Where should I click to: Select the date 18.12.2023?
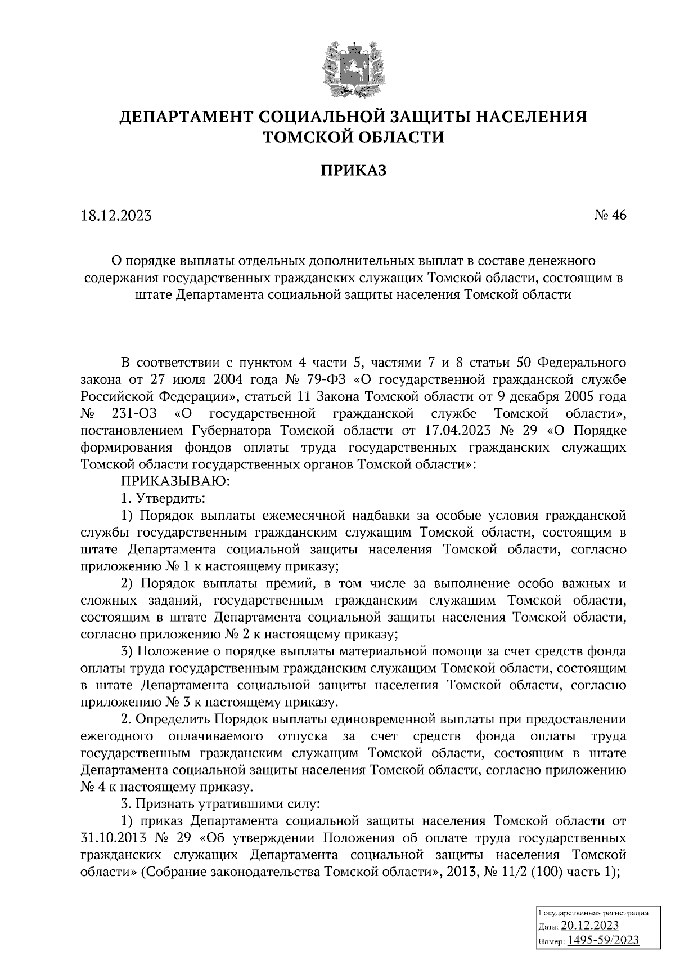[116, 216]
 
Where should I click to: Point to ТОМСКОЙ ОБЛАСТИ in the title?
[354, 137]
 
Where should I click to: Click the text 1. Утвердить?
[163, 498]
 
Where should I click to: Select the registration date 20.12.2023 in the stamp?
[590, 927]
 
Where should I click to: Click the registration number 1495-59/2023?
[603, 940]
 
